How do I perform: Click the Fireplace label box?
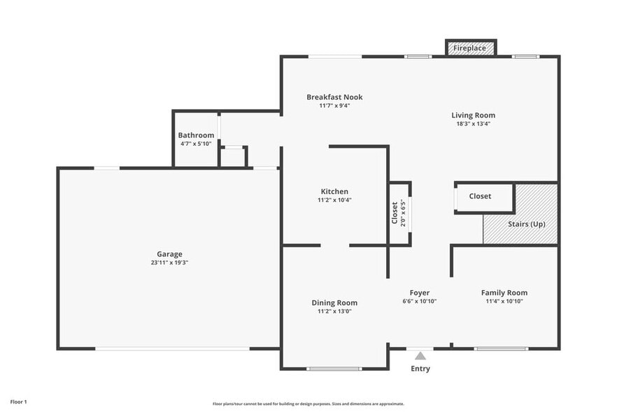(471, 48)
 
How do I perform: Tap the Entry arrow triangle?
(420, 356)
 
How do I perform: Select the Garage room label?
(169, 254)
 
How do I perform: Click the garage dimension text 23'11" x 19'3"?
(169, 263)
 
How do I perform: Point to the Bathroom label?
(196, 135)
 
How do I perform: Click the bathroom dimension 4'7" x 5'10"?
(196, 144)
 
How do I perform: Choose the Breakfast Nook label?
(334, 97)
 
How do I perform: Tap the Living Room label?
(473, 116)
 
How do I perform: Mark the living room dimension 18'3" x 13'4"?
(473, 124)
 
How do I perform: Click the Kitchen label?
(334, 191)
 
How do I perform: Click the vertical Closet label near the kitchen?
(395, 213)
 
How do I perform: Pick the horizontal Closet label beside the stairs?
(480, 196)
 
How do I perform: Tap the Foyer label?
(419, 293)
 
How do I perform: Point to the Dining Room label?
(334, 303)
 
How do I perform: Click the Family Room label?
(504, 293)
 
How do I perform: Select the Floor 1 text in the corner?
(18, 402)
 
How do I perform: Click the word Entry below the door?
(420, 369)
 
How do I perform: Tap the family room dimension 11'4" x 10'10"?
(504, 301)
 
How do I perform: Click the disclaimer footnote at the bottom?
(308, 404)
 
